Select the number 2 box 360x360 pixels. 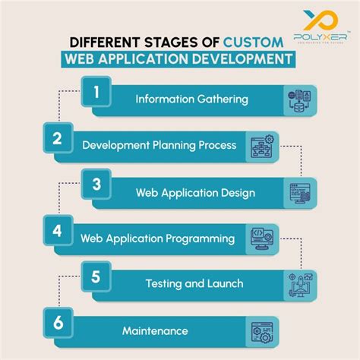(x=58, y=140)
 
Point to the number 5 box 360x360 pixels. (x=96, y=278)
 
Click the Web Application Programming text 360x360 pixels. (x=157, y=238)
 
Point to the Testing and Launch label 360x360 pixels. (x=194, y=283)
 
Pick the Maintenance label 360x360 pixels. (x=155, y=330)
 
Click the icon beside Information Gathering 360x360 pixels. (x=298, y=100)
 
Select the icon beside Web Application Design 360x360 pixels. (x=298, y=193)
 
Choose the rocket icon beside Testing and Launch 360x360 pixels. (x=298, y=285)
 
